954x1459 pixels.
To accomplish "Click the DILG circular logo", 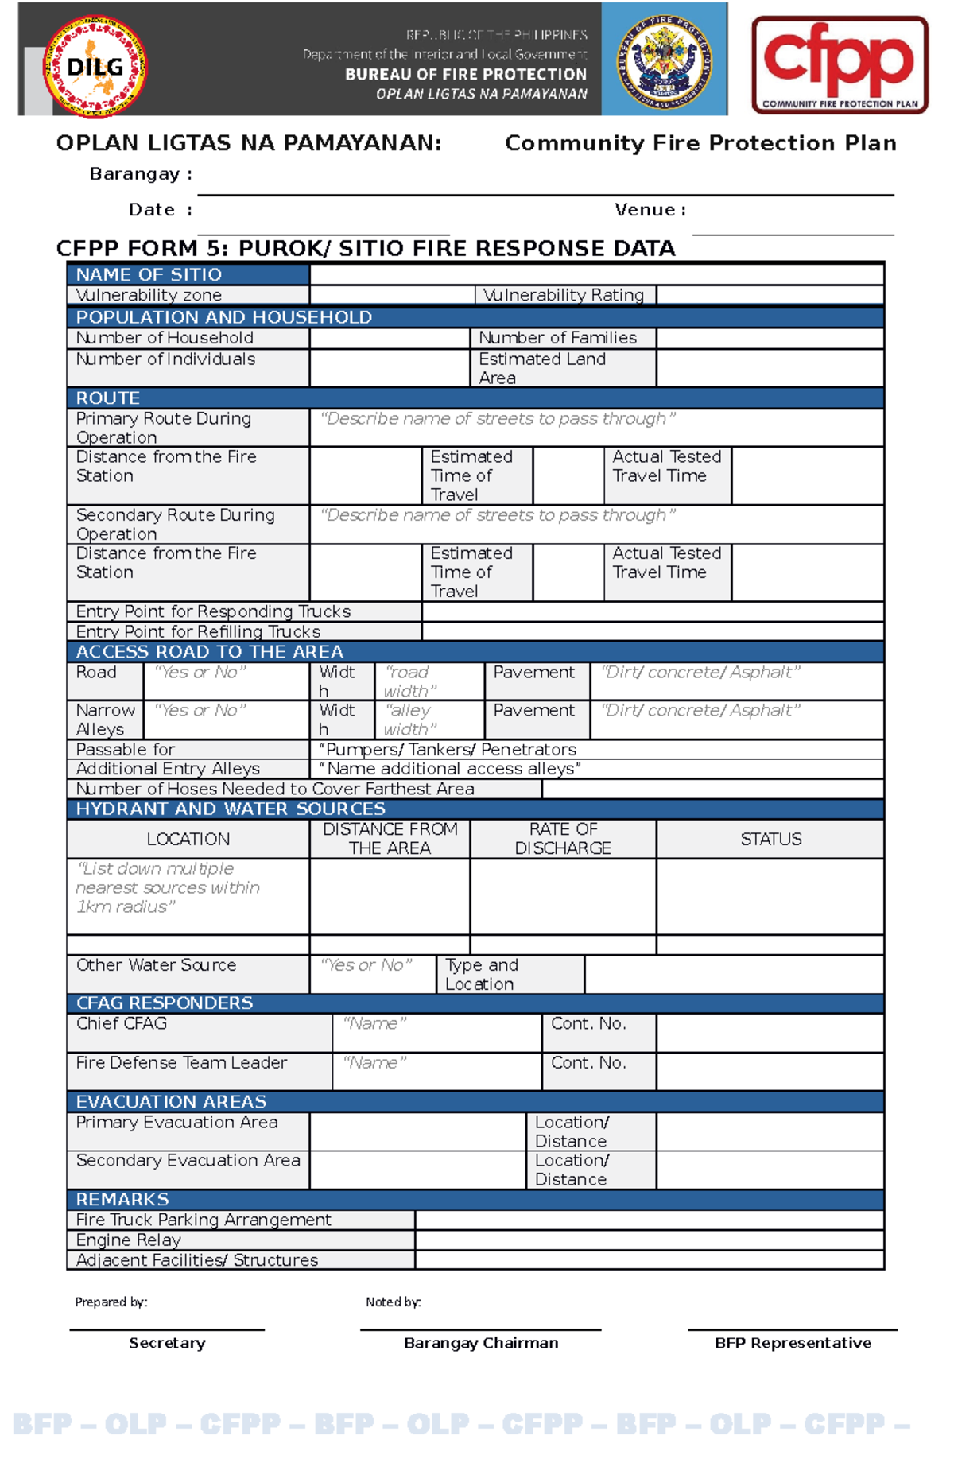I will point(94,67).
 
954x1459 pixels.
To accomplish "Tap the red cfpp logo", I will point(840,64).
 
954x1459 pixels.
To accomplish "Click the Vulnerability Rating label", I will point(564,295).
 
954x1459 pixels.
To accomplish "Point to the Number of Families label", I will point(557,338).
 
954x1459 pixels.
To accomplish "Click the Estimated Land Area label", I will point(541,368).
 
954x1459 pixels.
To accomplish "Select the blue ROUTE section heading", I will point(108,398).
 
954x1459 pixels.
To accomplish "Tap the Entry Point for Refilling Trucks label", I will point(198,631).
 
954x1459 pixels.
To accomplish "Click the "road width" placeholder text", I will point(409,681).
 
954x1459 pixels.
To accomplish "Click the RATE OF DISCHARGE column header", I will point(563,839).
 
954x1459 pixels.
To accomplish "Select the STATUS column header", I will point(770,839).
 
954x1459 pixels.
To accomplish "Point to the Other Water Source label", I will point(156,965).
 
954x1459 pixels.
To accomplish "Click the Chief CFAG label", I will point(121,1023).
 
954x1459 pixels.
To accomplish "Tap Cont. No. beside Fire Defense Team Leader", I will point(588,1063).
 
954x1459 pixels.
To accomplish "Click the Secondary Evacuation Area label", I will point(188,1161).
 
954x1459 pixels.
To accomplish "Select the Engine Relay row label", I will point(128,1240).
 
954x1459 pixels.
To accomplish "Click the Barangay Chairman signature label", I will point(481,1343).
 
